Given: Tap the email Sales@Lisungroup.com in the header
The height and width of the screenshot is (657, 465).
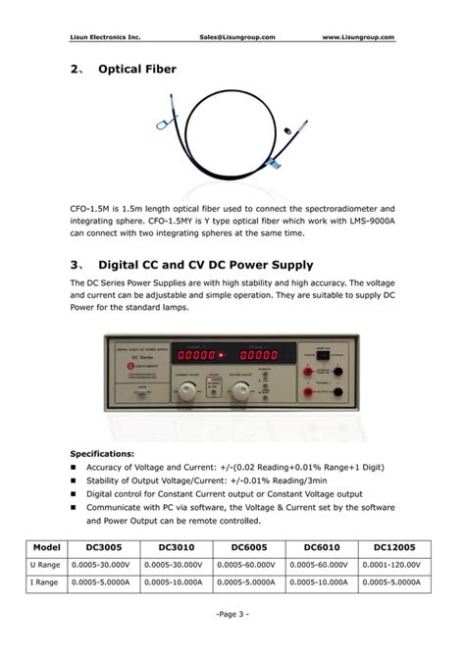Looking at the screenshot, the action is [x=236, y=37].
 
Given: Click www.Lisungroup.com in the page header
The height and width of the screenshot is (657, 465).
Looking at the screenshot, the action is [x=358, y=37].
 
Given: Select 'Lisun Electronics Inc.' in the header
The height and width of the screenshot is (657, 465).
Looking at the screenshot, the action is [x=105, y=37].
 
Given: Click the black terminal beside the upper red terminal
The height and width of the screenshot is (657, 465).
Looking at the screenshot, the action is [x=337, y=372].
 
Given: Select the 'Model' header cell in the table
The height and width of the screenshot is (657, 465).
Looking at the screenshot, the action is [x=46, y=547].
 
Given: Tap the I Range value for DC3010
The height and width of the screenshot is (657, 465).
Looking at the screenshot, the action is [x=173, y=583].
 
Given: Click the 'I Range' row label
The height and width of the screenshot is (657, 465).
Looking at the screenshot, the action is [x=46, y=583].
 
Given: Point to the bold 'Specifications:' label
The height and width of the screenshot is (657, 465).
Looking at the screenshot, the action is [x=102, y=454].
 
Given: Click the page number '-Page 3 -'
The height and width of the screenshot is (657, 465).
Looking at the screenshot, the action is [x=232, y=614].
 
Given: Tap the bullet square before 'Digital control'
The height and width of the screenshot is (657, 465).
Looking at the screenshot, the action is [x=74, y=495].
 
